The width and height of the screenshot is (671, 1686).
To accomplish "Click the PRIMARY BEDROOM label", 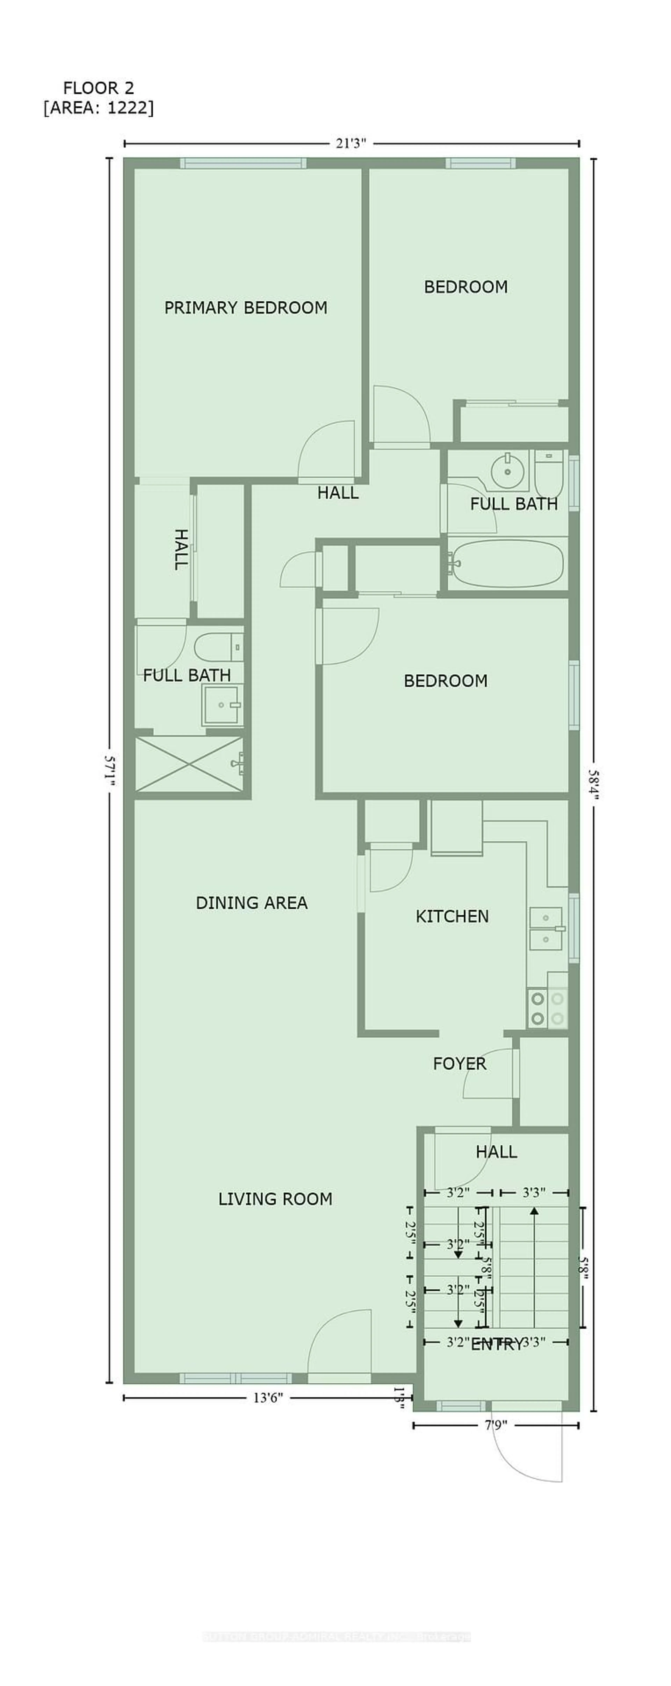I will (246, 308).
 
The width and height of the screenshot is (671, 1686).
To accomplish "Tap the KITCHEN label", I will (452, 916).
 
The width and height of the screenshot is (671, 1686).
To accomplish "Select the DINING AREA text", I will (251, 903).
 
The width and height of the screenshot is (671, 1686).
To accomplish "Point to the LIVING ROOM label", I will (275, 1199).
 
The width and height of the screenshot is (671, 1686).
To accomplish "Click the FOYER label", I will (460, 1063).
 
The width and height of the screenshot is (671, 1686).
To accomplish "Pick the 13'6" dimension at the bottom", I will (268, 1398).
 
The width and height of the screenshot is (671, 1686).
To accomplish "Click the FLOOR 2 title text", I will (98, 88).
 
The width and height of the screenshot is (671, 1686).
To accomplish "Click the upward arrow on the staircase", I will (535, 1263).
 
